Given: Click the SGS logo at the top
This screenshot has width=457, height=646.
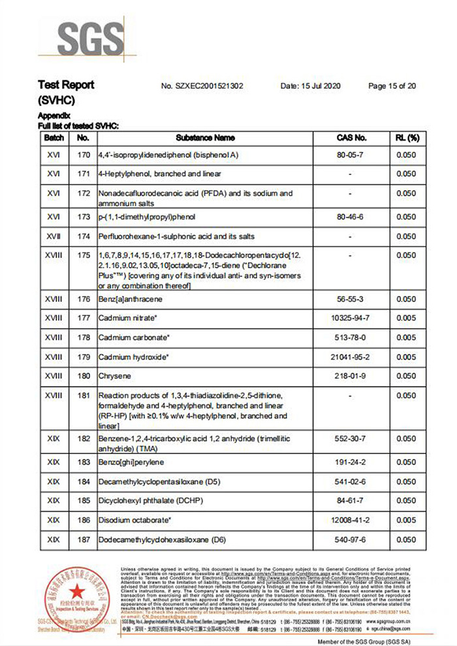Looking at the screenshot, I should (x=90, y=40).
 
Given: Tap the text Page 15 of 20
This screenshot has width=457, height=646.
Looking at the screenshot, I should (x=392, y=85).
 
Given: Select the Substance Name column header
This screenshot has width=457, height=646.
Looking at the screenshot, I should (x=205, y=138).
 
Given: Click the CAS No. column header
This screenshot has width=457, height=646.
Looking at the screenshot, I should (x=351, y=138).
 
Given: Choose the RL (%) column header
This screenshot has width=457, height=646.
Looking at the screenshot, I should (x=406, y=138).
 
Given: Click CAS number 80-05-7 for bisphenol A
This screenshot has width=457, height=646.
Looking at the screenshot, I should (x=351, y=156).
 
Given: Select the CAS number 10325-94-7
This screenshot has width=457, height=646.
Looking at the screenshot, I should (x=351, y=318).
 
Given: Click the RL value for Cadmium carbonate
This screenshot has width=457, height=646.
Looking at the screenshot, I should (x=406, y=338).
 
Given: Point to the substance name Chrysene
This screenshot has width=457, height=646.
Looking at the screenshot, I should (x=114, y=376).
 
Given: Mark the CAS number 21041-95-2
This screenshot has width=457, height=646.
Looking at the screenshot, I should (x=351, y=357).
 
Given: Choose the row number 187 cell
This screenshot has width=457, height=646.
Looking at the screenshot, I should (x=83, y=540).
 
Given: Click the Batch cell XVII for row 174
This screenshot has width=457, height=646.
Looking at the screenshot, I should (x=54, y=236).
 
